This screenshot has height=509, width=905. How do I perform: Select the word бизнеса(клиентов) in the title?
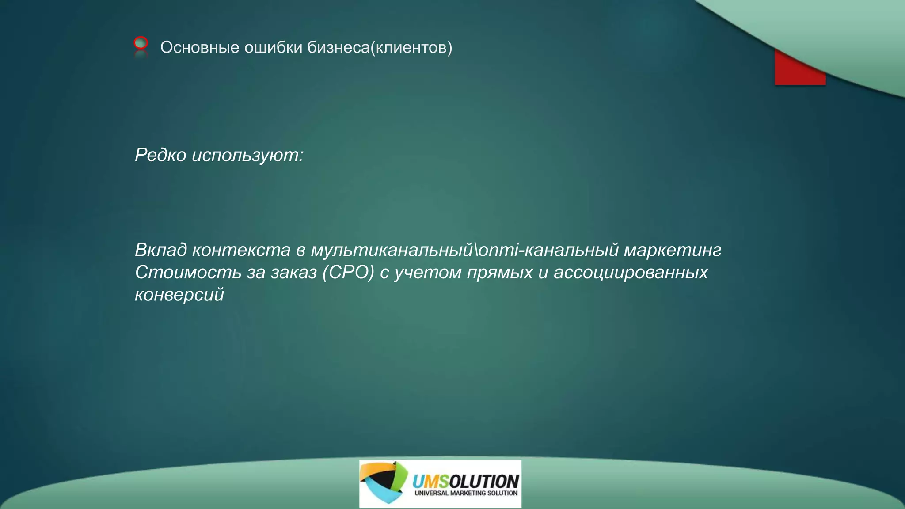click(x=380, y=47)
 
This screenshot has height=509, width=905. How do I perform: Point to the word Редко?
click(x=160, y=155)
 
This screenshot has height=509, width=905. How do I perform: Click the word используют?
click(x=247, y=155)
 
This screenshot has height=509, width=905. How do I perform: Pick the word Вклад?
click(x=161, y=250)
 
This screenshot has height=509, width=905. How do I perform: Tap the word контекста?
click(x=241, y=250)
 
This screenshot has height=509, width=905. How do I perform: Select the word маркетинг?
click(x=672, y=250)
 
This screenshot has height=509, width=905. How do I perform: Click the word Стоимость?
click(x=188, y=272)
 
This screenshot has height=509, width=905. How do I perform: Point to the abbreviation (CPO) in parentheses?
click(x=348, y=272)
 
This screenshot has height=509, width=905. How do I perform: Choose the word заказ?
click(x=293, y=272)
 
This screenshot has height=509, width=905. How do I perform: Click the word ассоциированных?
click(x=631, y=272)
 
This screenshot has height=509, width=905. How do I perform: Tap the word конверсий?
click(x=179, y=294)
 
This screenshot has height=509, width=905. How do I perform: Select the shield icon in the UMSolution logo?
click(x=383, y=482)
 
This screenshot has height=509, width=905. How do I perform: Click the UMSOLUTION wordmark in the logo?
click(x=465, y=481)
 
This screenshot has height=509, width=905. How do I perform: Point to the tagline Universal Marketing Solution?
click(x=466, y=493)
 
